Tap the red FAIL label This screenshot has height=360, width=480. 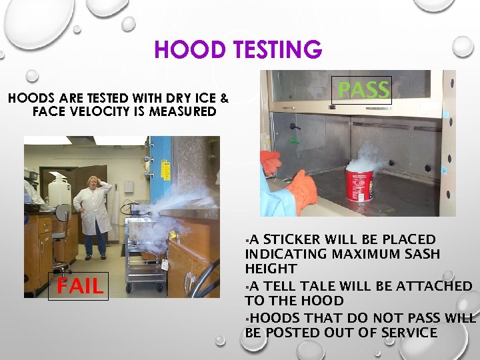click(79, 287)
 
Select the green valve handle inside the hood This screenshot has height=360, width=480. click(294, 141)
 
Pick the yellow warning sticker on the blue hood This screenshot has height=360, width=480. click(172, 234)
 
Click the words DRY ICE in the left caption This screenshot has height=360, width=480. click(191, 99)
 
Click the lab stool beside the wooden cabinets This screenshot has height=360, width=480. click(61, 227)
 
